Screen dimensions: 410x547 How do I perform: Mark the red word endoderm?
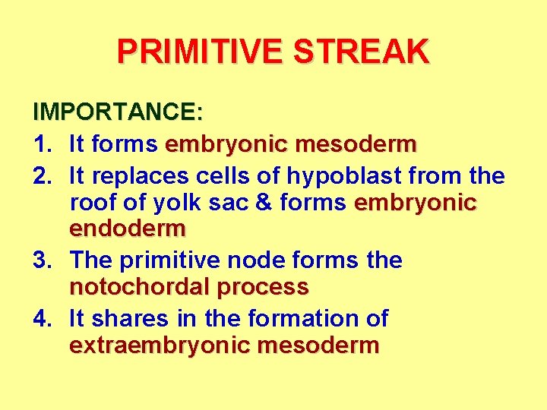(x=128, y=228)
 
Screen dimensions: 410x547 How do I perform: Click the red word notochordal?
(x=139, y=287)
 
